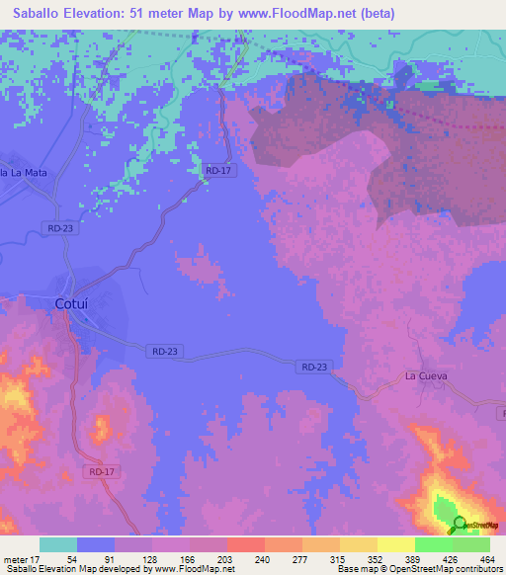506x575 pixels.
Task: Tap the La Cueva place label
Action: [426, 376]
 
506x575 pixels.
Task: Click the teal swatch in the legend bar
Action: [58, 544]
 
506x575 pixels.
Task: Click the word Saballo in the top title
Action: [43, 14]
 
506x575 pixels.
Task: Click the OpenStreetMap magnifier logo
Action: [458, 523]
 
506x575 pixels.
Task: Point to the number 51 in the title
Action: [163, 14]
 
